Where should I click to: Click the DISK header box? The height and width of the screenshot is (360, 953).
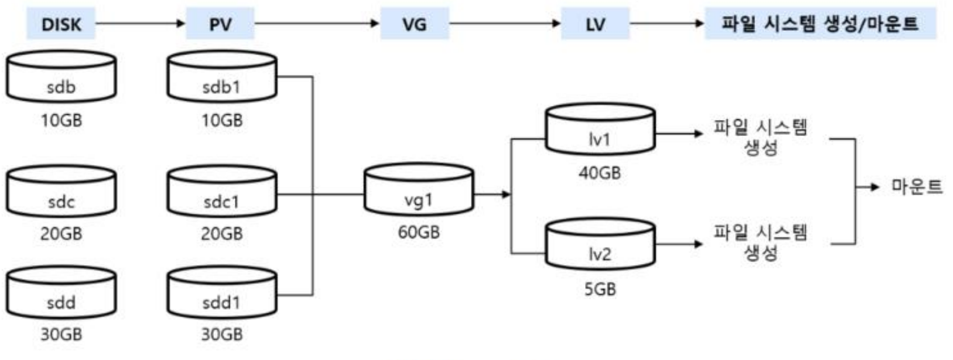(x=61, y=24)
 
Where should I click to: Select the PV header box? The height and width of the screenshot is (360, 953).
(x=221, y=24)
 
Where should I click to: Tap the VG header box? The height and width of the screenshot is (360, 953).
(x=415, y=24)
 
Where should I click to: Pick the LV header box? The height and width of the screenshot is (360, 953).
(x=595, y=24)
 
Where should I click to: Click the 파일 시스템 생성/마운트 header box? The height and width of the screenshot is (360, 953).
(x=820, y=24)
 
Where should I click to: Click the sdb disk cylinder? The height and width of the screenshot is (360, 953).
(x=61, y=77)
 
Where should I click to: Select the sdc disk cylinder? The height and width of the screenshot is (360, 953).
(x=61, y=192)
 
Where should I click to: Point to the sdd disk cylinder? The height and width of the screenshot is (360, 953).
(x=61, y=293)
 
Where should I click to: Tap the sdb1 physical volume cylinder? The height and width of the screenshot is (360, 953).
(x=222, y=77)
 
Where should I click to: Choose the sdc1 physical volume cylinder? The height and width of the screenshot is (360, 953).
(x=222, y=192)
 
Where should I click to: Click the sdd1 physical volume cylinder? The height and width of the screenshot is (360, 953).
(x=222, y=293)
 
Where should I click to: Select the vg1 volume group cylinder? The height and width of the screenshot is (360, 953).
(x=419, y=190)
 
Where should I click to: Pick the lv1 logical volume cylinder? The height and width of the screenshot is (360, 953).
(x=600, y=130)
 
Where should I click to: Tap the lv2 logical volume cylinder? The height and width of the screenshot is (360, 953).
(x=600, y=245)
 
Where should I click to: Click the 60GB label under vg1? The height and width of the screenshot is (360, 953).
(x=419, y=232)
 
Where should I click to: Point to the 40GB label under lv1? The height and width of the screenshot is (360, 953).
(x=600, y=173)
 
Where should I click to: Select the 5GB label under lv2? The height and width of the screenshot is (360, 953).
(x=600, y=289)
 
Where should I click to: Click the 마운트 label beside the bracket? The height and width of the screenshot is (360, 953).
(x=917, y=187)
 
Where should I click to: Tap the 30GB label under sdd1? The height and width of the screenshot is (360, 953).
(x=222, y=334)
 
